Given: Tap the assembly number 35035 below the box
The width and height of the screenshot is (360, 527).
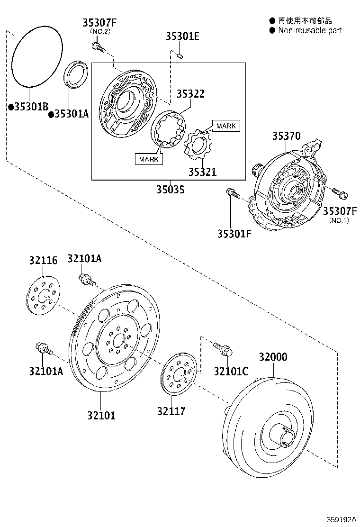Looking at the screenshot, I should pos(171,190).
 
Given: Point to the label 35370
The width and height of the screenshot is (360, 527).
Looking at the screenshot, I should pos(286,136).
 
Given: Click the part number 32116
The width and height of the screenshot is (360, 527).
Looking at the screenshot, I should pos(43,260).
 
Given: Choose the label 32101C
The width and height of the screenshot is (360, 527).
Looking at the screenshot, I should pos(231,371).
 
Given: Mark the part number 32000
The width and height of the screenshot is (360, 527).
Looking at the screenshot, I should pos(273,357).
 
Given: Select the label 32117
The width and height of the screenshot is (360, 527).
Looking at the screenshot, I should pos(171,411).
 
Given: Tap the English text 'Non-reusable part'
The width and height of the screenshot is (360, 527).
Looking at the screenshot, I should pos(310,30).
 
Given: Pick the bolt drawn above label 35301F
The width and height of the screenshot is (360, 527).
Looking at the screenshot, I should pos(233,193).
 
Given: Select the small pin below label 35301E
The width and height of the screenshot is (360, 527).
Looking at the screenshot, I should pos(180,57).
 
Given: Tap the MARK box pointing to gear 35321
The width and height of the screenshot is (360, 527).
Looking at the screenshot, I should pos(226,126).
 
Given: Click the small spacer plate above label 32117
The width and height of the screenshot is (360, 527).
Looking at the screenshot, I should pos(179,374).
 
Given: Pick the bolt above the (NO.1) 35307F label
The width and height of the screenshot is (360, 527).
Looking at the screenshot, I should pos(340,193).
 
